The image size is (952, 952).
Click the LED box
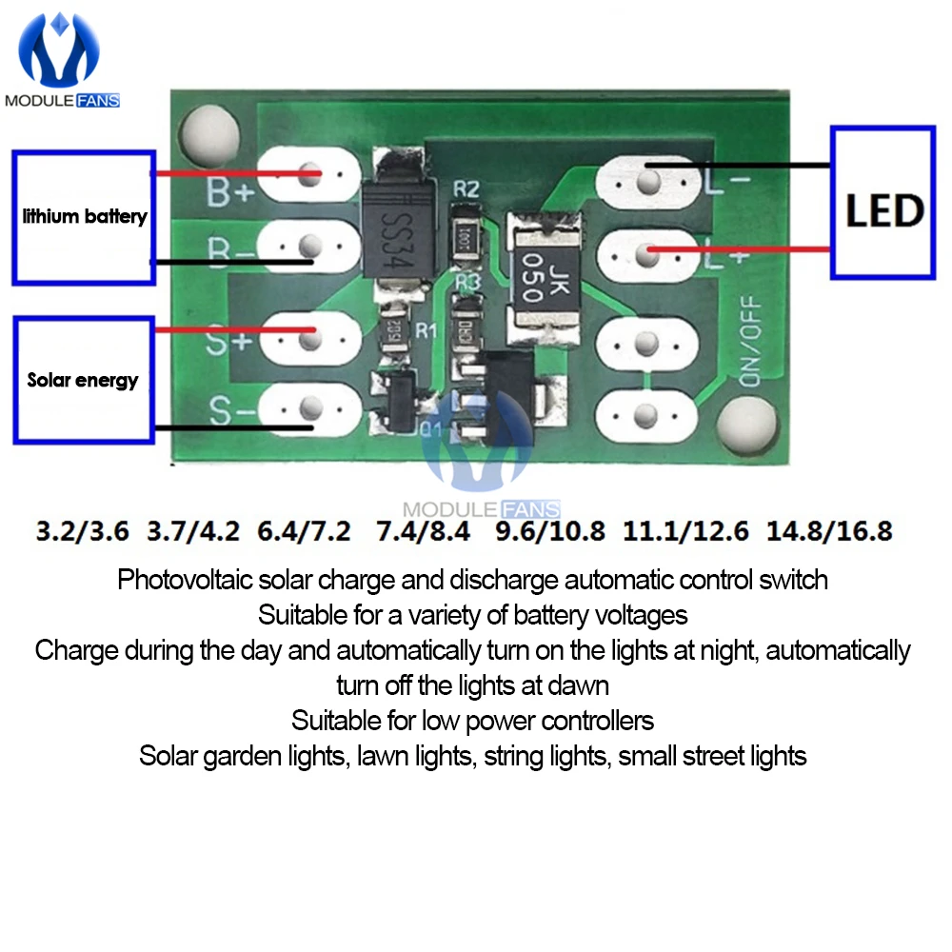[x=883, y=202]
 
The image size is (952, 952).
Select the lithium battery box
[x=84, y=217]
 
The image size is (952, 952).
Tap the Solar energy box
[x=84, y=380]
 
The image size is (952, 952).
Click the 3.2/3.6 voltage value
[x=82, y=530]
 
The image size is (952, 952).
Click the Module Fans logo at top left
[x=62, y=62]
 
